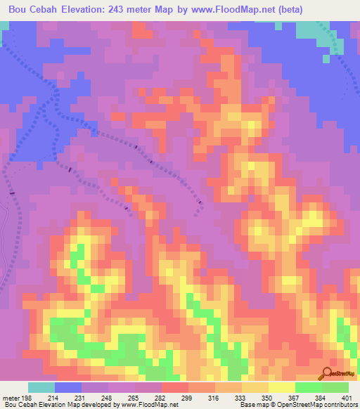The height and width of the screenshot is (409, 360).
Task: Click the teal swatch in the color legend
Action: tap(41, 388)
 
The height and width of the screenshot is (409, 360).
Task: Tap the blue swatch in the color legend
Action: tap(68, 388)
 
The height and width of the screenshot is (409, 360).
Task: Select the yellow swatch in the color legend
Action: tap(282, 388)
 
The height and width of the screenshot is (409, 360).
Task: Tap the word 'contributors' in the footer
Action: tap(340, 405)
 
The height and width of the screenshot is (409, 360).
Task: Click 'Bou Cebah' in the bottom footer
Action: tap(20, 405)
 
